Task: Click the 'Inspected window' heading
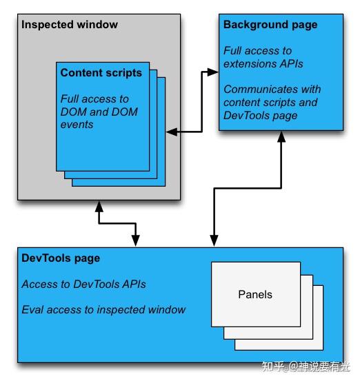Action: (x=70, y=25)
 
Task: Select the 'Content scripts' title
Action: (x=101, y=72)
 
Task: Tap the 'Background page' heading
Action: (x=270, y=25)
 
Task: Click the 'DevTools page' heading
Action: (x=61, y=258)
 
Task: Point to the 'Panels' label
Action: (x=255, y=294)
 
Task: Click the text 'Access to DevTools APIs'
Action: (x=83, y=284)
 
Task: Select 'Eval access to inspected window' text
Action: (x=103, y=309)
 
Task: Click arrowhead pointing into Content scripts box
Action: (x=170, y=130)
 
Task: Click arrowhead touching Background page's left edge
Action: (x=213, y=71)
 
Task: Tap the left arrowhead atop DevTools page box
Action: (x=136, y=241)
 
